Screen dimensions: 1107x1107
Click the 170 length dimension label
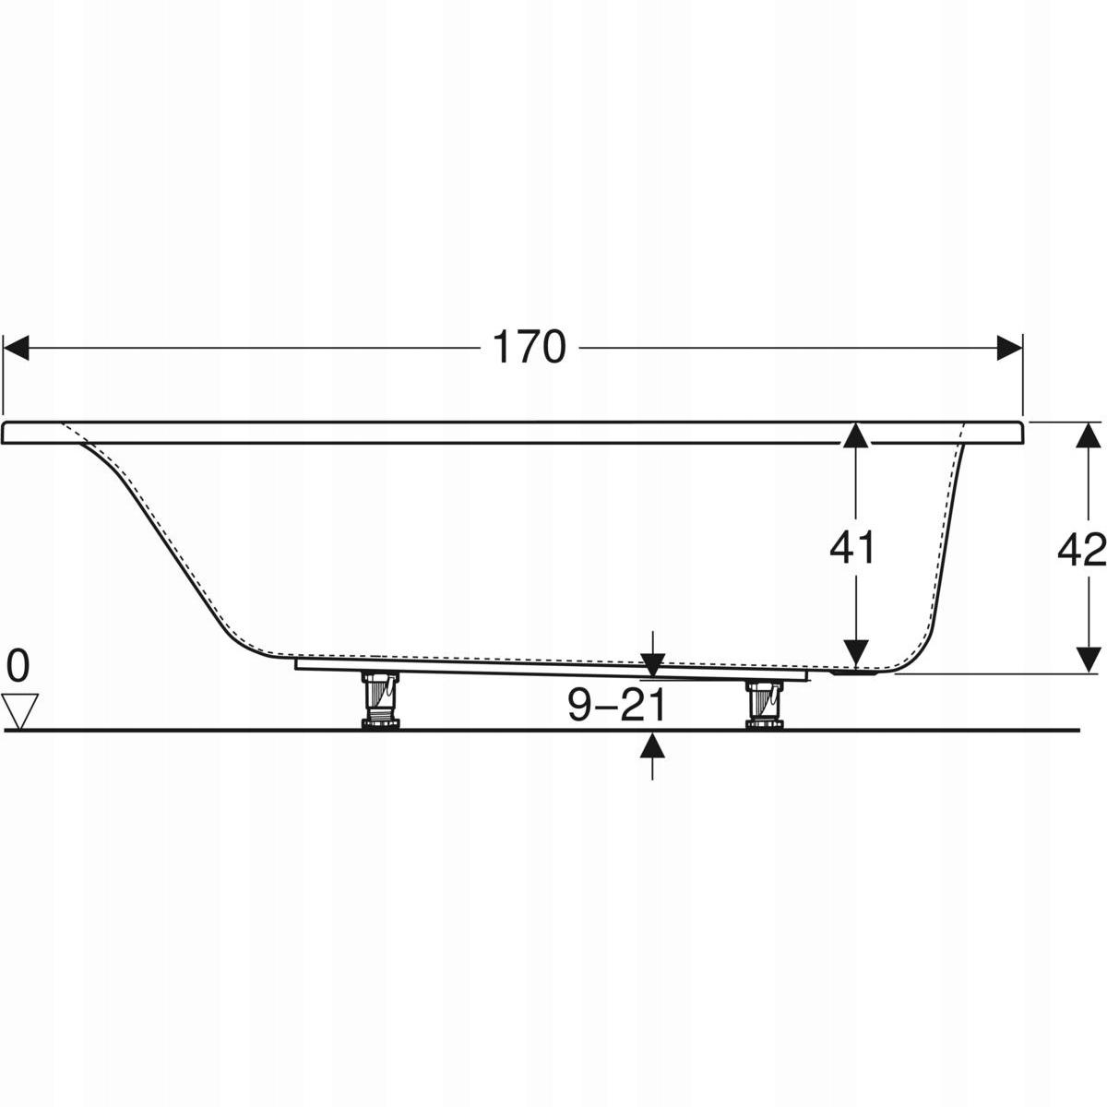(530, 348)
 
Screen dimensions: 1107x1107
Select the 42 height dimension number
(1082, 550)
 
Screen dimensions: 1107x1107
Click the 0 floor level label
(18, 666)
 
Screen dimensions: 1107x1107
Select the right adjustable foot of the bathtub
(763, 705)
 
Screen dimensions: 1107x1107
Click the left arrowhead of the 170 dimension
(16, 348)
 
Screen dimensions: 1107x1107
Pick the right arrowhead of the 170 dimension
(1009, 348)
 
